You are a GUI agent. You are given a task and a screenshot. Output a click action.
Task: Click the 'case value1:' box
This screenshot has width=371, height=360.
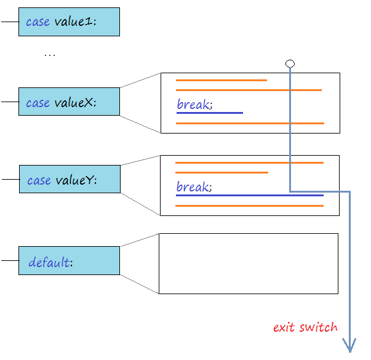pyautogui.click(x=69, y=22)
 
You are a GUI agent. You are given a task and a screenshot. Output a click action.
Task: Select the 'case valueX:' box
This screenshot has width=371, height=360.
pyautogui.click(x=69, y=102)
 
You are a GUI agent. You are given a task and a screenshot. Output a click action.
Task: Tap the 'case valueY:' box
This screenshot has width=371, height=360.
pyautogui.click(x=70, y=179)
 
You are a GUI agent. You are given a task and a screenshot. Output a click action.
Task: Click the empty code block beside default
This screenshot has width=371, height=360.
pyautogui.click(x=249, y=263)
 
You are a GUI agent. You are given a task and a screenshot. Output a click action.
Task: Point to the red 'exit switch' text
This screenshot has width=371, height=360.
pyautogui.click(x=305, y=327)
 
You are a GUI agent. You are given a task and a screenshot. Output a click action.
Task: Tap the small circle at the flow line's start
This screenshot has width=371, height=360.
pyautogui.click(x=290, y=63)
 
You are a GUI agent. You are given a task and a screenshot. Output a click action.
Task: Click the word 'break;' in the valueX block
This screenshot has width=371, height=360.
pyautogui.click(x=194, y=105)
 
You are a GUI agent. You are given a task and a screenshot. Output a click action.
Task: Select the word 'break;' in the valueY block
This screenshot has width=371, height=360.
pyautogui.click(x=194, y=186)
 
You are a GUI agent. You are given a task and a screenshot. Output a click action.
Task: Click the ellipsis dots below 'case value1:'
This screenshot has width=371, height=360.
pyautogui.click(x=49, y=55)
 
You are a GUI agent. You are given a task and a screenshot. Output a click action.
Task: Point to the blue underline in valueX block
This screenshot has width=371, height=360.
pyautogui.click(x=210, y=113)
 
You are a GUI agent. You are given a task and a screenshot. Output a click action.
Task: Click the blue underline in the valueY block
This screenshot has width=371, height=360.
pyautogui.click(x=249, y=196)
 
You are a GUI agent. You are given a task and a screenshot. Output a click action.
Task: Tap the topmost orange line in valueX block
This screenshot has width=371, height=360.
pyautogui.click(x=221, y=80)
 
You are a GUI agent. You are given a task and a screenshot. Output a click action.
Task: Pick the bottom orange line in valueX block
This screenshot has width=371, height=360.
pyautogui.click(x=250, y=123)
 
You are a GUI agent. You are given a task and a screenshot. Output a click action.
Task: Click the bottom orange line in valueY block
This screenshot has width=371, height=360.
pyautogui.click(x=249, y=206)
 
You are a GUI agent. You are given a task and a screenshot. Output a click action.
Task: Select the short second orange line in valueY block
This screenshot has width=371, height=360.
pyautogui.click(x=221, y=172)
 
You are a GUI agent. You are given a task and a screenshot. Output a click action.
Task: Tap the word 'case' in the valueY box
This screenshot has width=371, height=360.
pyautogui.click(x=39, y=180)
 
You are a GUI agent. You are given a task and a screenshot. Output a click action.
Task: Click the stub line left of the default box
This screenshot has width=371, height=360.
pyautogui.click(x=9, y=260)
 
